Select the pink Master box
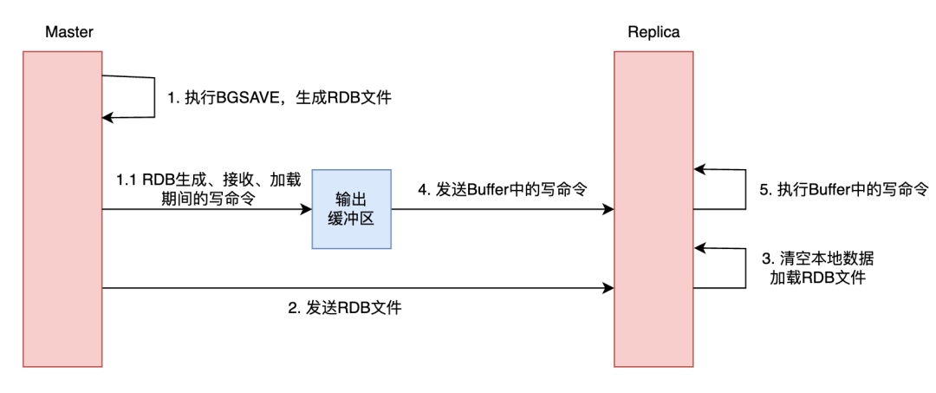tap(62, 208)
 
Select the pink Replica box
tap(654, 208)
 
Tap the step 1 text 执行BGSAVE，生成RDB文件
tap(279, 98)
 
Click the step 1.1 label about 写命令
tap(209, 189)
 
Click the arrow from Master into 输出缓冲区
tap(208, 209)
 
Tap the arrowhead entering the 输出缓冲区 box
tap(306, 209)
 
